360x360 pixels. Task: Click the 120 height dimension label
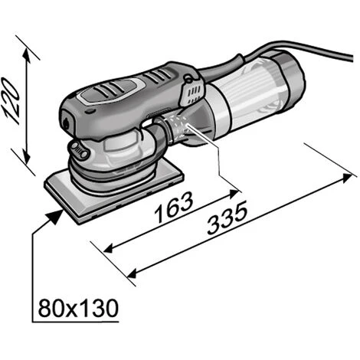coord(11,101)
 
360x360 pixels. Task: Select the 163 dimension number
coord(174,207)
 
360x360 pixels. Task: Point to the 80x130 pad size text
coord(78,308)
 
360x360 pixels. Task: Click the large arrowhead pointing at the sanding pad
coord(54,218)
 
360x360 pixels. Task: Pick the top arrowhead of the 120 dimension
coord(26,54)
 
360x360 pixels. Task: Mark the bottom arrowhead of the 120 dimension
coord(27,155)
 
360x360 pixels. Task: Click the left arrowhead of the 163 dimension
coord(109,248)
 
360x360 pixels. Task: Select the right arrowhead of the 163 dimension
coord(234,194)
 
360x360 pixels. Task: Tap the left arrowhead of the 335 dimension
coord(131,273)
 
